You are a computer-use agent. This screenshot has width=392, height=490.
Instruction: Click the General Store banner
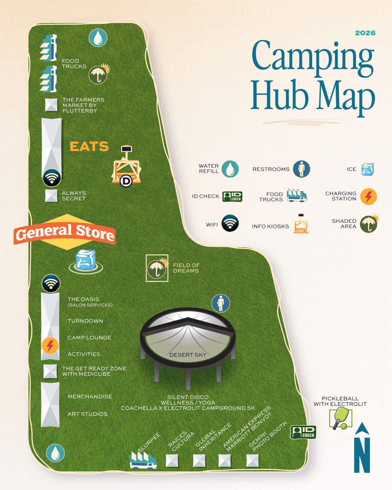click(x=65, y=232)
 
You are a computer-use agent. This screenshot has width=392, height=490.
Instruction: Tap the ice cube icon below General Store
click(x=86, y=260)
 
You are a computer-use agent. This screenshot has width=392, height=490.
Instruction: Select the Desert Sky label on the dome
click(x=188, y=355)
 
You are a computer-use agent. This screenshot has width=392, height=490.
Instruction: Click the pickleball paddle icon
click(x=341, y=418)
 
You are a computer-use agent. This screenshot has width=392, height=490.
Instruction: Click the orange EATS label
click(x=89, y=146)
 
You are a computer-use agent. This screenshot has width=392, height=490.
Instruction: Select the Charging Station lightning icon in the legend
click(x=368, y=196)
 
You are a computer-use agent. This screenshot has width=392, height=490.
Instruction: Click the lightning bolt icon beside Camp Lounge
click(x=50, y=345)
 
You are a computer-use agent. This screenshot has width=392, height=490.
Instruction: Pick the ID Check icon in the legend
click(x=232, y=196)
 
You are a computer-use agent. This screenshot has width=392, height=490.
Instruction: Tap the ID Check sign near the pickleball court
click(x=303, y=432)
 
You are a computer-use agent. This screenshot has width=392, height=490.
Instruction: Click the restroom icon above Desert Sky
click(x=221, y=303)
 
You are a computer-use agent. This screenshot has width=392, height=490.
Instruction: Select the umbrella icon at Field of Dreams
click(x=157, y=268)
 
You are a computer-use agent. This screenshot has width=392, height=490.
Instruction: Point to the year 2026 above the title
click(x=365, y=33)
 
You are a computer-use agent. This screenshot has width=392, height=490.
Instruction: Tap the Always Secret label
click(x=74, y=196)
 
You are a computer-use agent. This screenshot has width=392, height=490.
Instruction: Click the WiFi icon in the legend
click(x=230, y=223)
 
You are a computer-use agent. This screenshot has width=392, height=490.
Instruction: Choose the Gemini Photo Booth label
click(x=268, y=436)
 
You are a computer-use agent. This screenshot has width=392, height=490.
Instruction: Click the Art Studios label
click(x=87, y=414)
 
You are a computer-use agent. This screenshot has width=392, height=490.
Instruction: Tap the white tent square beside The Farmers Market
click(x=51, y=105)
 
